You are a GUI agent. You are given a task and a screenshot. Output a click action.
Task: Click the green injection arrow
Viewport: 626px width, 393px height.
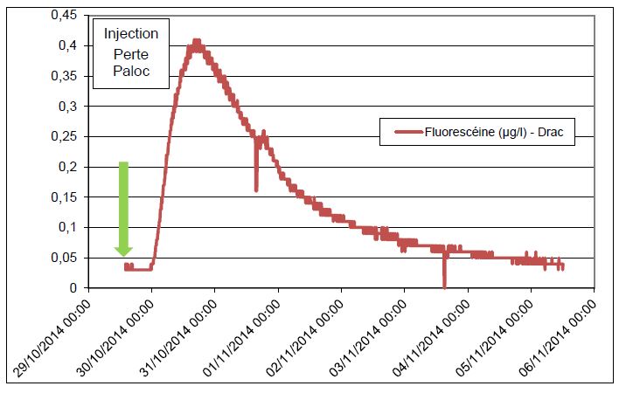pos(123,210)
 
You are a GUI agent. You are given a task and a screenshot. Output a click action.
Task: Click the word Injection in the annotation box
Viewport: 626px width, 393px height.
pos(131,34)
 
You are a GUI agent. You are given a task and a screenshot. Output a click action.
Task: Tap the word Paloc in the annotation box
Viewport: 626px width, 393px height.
pos(131,72)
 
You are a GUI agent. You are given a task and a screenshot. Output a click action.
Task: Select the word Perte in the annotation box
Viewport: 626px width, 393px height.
pos(131,53)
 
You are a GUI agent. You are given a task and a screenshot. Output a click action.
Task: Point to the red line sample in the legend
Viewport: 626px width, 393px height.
pos(407,133)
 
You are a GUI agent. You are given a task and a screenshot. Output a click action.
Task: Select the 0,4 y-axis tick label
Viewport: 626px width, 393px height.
pos(70,45)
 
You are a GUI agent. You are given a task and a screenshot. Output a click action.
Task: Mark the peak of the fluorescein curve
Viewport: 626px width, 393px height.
pos(197,42)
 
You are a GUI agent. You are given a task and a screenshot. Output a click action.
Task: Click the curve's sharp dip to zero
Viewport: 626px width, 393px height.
pos(444,285)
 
